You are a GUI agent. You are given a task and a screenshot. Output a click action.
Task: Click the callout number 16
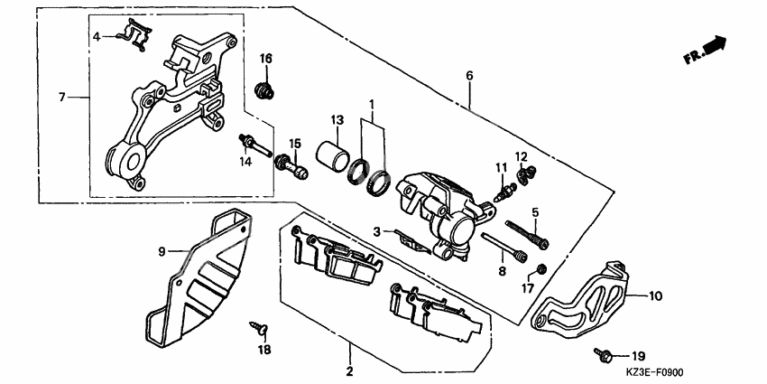click(x=266, y=59)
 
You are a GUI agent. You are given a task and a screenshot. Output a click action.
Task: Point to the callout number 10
click(x=655, y=295)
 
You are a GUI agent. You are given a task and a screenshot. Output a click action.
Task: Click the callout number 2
click(x=349, y=371)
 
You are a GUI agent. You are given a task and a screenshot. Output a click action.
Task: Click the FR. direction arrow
click(x=706, y=50)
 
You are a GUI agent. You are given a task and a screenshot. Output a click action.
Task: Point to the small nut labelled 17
click(x=541, y=268)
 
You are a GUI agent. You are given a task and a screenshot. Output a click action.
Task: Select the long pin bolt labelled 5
click(x=528, y=233)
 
